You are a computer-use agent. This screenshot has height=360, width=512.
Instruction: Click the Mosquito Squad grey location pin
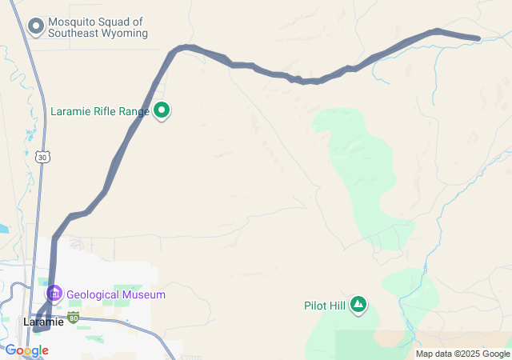click(x=35, y=27)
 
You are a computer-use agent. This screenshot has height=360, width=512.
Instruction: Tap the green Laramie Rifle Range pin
click(x=162, y=110)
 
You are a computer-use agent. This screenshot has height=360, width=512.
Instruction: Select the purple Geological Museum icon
click(x=54, y=294)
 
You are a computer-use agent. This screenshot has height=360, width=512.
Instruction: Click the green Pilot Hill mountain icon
click(x=358, y=304)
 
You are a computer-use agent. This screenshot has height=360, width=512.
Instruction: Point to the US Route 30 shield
click(x=42, y=158)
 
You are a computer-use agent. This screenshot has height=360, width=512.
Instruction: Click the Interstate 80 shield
click(x=73, y=318)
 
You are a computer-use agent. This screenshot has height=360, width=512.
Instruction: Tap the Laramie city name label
click(x=43, y=322)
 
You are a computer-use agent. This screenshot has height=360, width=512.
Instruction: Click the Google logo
click(x=26, y=350)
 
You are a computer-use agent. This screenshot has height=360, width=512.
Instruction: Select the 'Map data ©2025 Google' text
click(x=462, y=354)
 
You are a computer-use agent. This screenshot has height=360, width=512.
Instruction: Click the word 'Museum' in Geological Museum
click(x=144, y=294)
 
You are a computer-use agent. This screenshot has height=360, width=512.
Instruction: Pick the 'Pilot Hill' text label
click(x=325, y=305)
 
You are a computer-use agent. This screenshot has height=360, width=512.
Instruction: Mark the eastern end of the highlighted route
click(x=478, y=38)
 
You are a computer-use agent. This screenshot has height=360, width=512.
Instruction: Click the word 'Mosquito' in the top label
click(x=70, y=22)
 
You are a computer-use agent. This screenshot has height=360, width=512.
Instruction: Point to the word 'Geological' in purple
click(x=93, y=294)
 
